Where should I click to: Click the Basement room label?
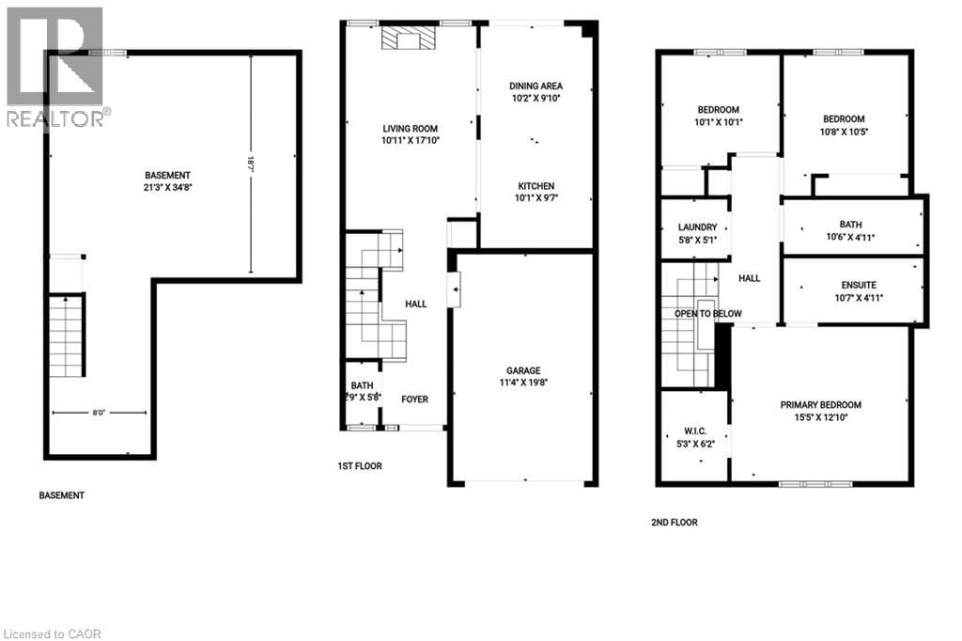pos(168,176)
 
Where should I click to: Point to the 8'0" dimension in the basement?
pos(99,411)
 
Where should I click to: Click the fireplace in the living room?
pos(409,38)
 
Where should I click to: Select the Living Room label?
pos(410,129)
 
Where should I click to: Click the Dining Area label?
pos(535,86)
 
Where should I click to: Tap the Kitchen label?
pos(535,185)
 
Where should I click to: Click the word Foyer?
pos(414,399)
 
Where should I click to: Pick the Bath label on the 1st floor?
pos(362,386)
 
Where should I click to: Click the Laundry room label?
pos(697,227)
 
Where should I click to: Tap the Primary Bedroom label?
pos(820,405)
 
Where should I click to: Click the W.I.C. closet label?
pos(697,431)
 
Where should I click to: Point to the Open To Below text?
pos(707,314)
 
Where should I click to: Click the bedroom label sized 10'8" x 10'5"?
pos(843,118)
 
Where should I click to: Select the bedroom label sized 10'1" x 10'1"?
pos(717,109)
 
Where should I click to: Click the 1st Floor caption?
pos(360,466)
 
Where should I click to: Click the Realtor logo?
pos(54,66)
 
